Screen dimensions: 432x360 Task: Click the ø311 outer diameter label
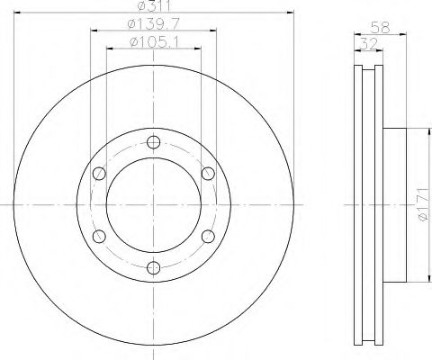[x=154, y=5]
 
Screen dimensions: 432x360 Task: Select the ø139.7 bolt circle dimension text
[x=153, y=23]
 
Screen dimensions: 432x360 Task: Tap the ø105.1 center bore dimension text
[x=154, y=42]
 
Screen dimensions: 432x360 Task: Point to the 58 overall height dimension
[x=380, y=28]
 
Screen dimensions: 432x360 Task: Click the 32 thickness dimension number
[x=368, y=44]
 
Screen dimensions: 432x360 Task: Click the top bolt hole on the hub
[x=153, y=142]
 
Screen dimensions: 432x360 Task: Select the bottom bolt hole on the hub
[x=153, y=267]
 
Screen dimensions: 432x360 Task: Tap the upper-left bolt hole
[x=99, y=174]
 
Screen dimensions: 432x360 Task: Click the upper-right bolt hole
[x=208, y=174]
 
